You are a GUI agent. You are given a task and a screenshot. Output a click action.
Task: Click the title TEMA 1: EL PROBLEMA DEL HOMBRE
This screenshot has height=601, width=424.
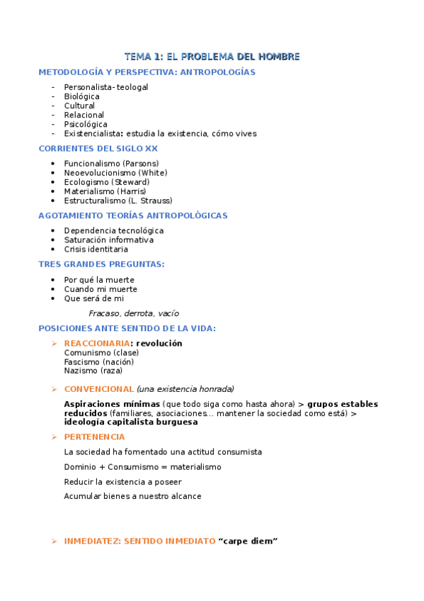[212, 57]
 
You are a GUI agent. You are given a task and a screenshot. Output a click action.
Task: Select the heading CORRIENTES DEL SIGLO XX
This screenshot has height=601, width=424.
[98, 149]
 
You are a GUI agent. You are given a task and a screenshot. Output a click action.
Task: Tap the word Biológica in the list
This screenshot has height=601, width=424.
[81, 96]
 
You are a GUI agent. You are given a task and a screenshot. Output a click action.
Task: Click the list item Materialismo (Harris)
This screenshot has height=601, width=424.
[105, 191]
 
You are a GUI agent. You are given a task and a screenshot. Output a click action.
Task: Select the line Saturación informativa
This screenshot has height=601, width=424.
[108, 240]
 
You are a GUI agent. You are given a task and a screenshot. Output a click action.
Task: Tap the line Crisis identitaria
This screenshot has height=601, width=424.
[96, 249]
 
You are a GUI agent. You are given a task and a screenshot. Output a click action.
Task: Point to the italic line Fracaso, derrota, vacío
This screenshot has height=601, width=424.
[134, 313]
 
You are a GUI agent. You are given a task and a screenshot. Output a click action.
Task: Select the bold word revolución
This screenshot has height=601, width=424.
[159, 344]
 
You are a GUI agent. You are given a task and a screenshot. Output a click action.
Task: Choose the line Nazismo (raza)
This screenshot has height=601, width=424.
[93, 371]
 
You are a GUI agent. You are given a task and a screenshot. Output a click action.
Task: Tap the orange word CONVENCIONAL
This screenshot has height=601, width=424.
[98, 389]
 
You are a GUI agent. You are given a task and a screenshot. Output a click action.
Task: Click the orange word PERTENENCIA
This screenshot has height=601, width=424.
[94, 437]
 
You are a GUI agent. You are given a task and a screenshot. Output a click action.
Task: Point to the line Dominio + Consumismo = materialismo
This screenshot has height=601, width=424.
[142, 467]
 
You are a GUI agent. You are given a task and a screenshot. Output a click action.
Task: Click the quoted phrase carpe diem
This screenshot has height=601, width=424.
[248, 541]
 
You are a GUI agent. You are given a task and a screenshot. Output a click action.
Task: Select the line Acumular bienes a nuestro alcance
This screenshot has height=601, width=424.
[132, 497]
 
